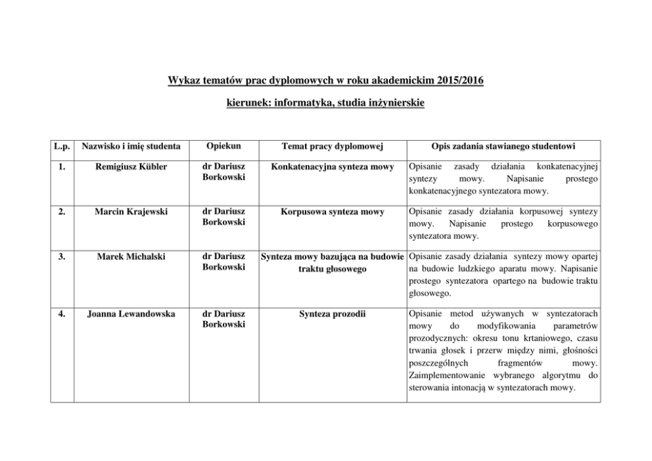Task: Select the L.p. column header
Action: [64, 145]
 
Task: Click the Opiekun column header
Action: [220, 145]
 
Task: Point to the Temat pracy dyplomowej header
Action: [332, 145]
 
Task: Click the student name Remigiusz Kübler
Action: [131, 167]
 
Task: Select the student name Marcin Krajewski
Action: [131, 212]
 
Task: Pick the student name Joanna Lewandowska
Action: [131, 314]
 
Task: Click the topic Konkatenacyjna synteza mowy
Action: [332, 167]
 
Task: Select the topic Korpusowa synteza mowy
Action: [332, 212]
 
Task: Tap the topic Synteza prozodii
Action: [332, 314]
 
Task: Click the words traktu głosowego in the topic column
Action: [332, 269]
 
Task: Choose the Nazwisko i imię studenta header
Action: [131, 145]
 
